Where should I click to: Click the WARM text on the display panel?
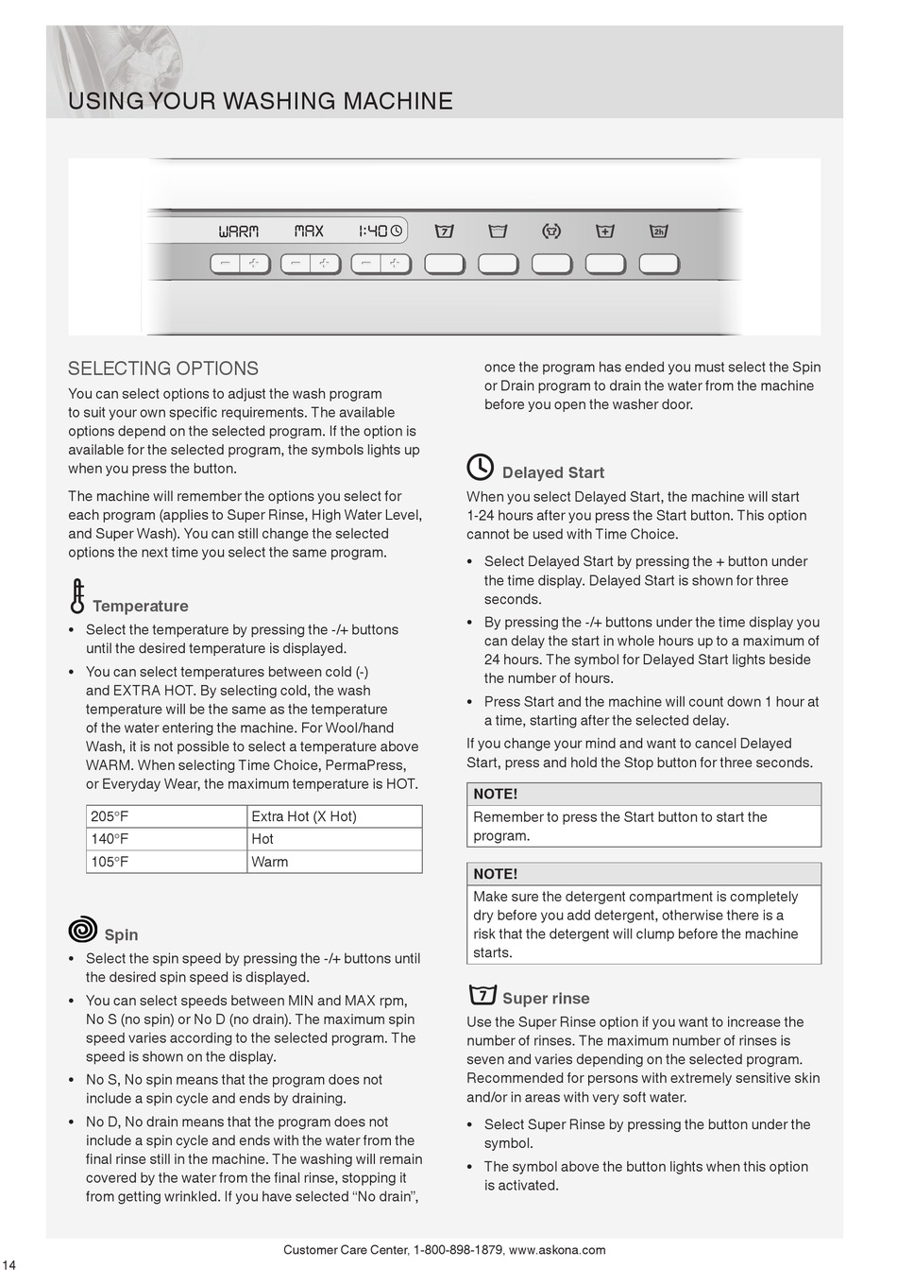pos(238,231)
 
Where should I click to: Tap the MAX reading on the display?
pos(309,231)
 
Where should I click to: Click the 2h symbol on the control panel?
pos(659,231)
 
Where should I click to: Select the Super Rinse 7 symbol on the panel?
pos(444,231)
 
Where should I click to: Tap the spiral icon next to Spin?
pos(83,930)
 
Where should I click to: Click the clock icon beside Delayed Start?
pos(481,468)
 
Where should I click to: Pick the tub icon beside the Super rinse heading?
pos(482,995)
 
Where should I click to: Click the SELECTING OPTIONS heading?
pos(163,368)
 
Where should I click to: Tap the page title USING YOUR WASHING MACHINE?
pos(261,101)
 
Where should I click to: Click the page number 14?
pos(9,1265)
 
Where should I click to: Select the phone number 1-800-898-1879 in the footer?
pos(458,1250)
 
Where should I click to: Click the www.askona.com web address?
pos(557,1250)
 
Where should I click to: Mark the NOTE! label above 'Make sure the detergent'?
pos(496,874)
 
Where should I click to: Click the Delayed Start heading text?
pos(553,472)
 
